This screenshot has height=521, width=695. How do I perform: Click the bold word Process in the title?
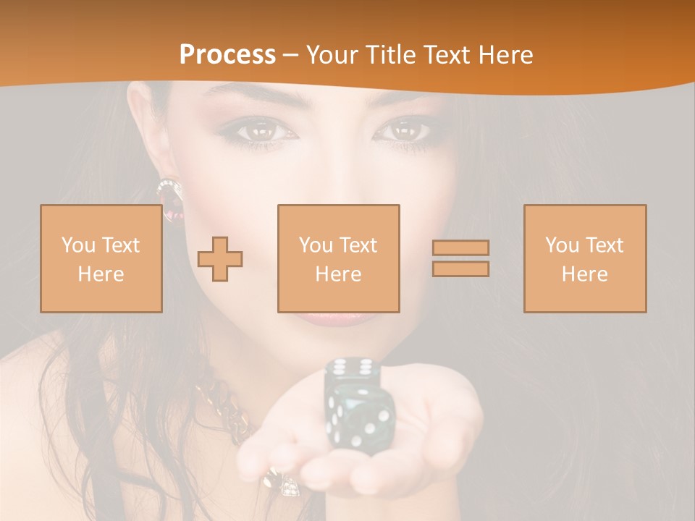click(227, 54)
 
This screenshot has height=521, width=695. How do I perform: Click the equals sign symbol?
click(460, 258)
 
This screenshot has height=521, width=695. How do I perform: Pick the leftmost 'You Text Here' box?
click(101, 258)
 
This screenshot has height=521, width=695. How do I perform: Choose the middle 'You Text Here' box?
click(339, 258)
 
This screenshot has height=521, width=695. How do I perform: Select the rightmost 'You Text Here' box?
click(585, 258)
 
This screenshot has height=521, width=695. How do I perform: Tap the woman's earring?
click(170, 198)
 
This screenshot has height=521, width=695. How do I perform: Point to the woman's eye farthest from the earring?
click(405, 132)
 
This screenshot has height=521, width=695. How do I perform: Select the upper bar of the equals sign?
click(460, 247)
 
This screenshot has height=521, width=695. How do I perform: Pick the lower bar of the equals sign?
click(460, 268)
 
